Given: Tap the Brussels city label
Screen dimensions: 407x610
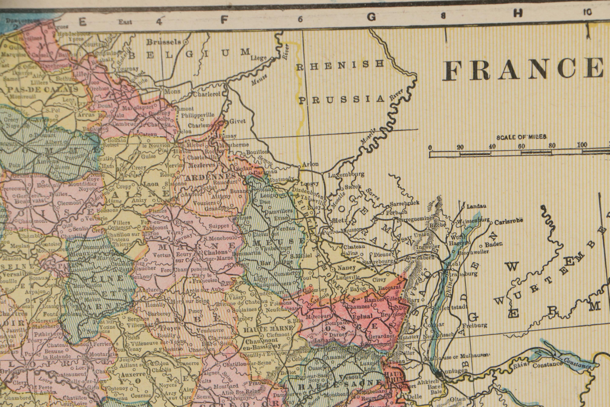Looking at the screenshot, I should (163, 42).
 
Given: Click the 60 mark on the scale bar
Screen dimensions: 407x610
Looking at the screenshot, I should (521, 146).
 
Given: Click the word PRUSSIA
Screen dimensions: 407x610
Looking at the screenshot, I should (342, 100).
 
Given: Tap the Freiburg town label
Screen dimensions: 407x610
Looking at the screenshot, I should (476, 325).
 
